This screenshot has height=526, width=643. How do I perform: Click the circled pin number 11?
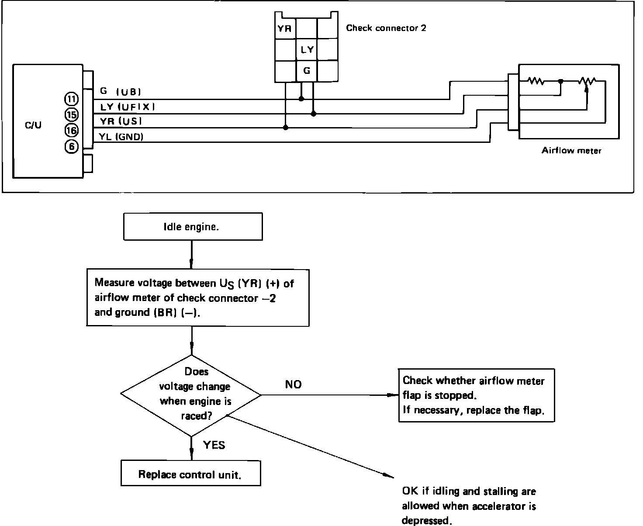[71, 99]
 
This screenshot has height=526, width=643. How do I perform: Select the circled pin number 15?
[71, 115]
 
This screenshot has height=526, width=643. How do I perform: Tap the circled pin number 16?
[71, 130]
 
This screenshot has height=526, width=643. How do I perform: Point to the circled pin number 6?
[71, 147]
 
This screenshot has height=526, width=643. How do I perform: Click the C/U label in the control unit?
[33, 126]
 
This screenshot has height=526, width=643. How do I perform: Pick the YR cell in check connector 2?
[285, 29]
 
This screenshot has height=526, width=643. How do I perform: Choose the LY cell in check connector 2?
[307, 50]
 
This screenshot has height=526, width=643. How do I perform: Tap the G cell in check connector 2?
[307, 70]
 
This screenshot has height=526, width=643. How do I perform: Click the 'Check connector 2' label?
[386, 28]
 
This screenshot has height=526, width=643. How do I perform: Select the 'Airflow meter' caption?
[571, 151]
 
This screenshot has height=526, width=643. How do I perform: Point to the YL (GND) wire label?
[121, 137]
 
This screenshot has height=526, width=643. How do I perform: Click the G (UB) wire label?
[120, 92]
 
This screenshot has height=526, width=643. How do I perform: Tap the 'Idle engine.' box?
[193, 227]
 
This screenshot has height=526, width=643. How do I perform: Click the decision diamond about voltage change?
[191, 394]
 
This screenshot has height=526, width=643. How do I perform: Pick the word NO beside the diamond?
[293, 384]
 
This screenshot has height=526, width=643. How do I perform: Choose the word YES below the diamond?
[214, 445]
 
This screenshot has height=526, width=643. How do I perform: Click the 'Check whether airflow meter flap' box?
[476, 395]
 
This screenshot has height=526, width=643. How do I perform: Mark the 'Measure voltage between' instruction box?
[198, 298]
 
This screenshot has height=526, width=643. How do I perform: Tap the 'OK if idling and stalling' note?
[469, 506]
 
